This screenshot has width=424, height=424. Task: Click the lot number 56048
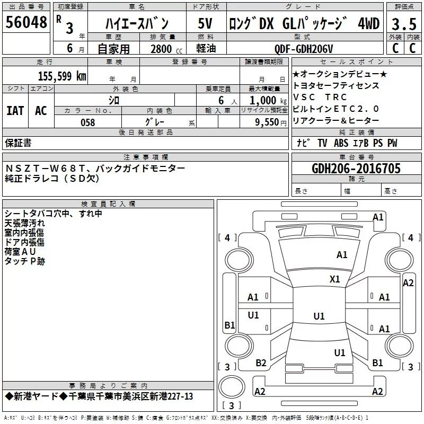26,23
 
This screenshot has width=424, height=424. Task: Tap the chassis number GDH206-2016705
356,169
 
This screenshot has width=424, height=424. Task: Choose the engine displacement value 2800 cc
164,49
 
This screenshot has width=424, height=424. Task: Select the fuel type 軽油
207,49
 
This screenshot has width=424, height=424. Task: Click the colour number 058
87,122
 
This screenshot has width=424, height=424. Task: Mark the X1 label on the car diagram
335,279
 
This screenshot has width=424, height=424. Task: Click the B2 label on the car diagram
261,363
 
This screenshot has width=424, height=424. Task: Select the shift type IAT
15,111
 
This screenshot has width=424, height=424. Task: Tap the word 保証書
18,143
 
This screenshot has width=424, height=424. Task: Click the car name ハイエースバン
137,24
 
